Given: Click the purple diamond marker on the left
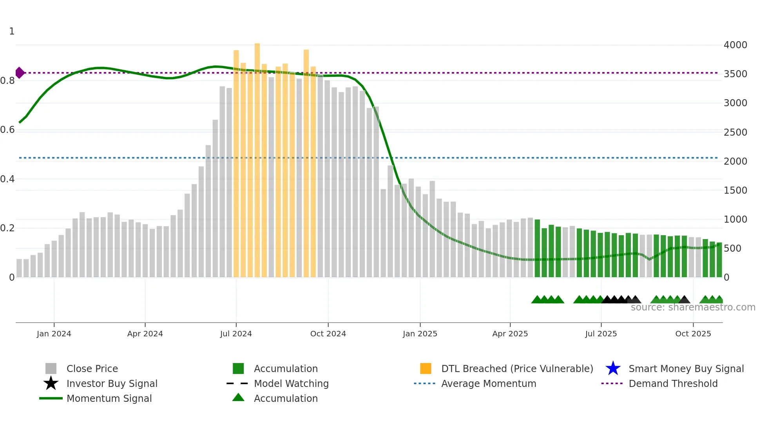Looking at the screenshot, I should click(20, 73).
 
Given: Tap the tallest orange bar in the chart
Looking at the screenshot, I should click(257, 157).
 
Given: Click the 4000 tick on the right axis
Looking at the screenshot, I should click(735, 45).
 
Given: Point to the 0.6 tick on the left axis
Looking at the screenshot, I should click(7, 130).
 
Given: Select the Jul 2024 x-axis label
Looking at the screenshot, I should click(236, 334).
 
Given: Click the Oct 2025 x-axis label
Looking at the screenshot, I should click(693, 334).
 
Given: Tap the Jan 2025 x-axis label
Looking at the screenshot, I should click(420, 334).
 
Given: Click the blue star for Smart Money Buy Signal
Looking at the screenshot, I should click(613, 368).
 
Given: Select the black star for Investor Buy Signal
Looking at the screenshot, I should click(51, 383).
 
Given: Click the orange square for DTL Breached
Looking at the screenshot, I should click(426, 368).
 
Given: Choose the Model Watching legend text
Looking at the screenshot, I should click(291, 383).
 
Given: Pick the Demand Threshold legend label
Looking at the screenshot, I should click(673, 383).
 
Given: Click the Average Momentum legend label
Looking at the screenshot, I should click(489, 383).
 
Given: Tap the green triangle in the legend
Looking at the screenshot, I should click(238, 398).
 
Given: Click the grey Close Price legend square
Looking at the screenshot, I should click(51, 368).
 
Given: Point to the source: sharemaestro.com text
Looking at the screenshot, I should click(693, 307).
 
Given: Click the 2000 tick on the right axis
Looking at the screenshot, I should click(735, 161).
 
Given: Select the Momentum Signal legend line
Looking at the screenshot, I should click(51, 398).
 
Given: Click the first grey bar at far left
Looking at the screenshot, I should click(19, 268).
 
